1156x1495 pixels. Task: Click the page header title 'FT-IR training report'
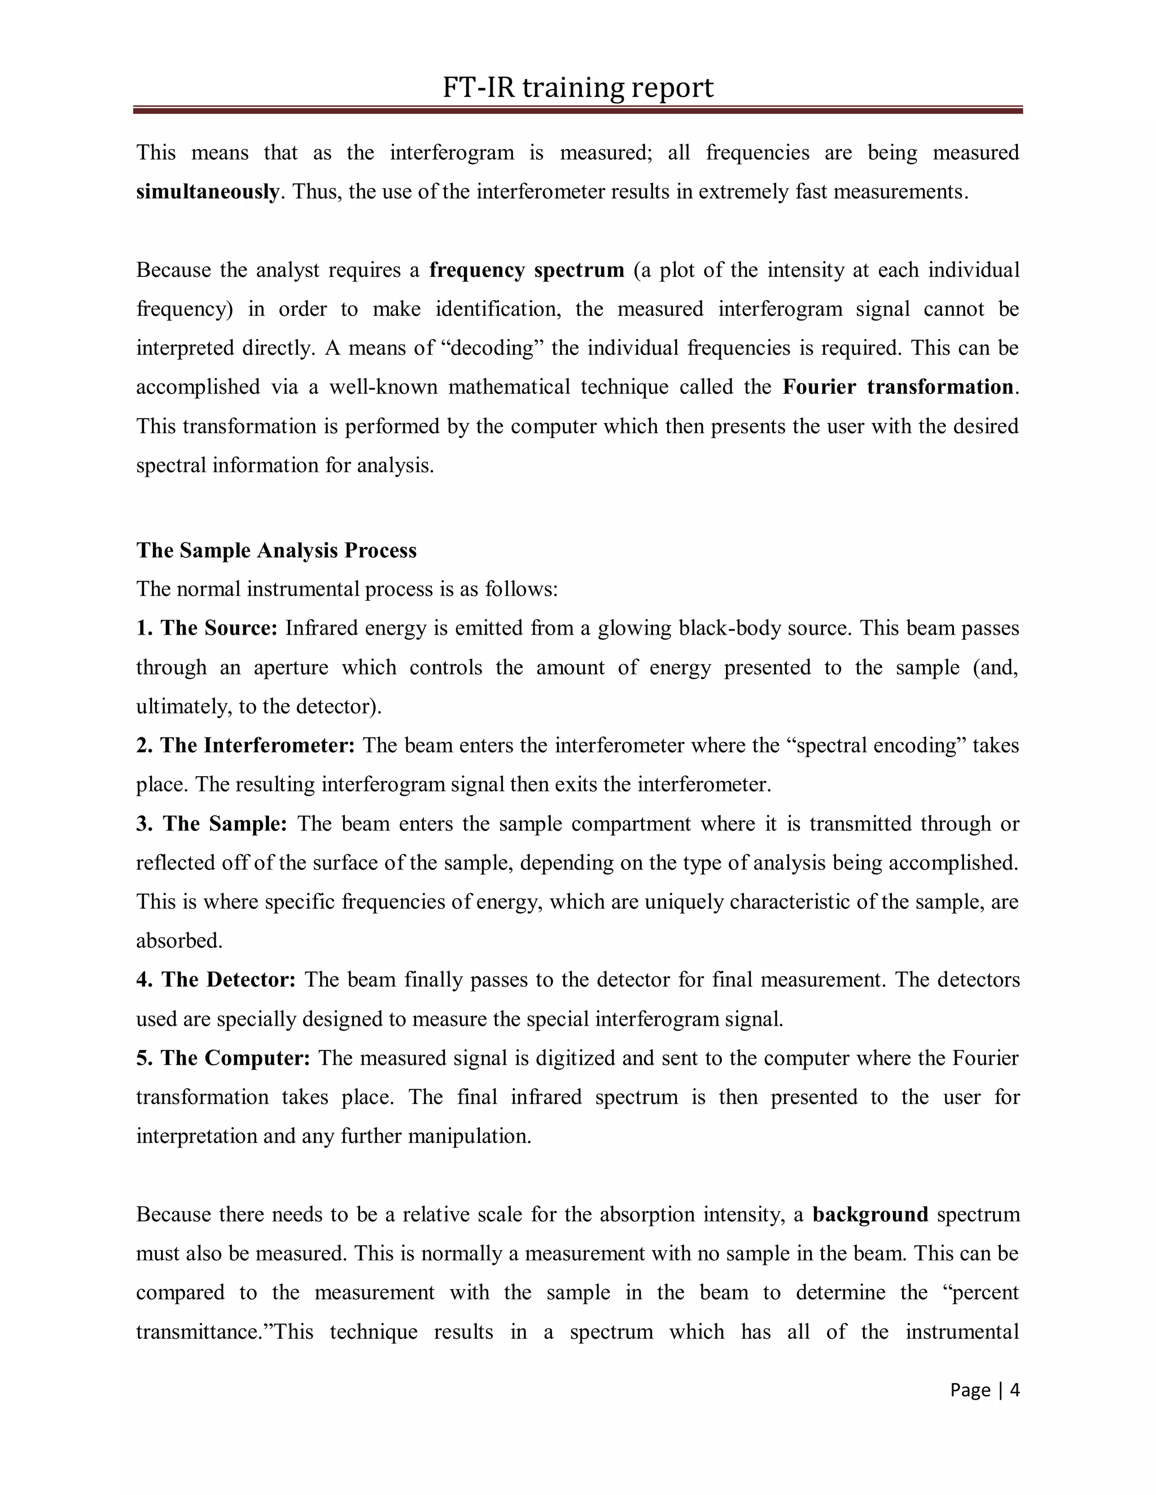click(x=577, y=87)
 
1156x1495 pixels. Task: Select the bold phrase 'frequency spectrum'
click(x=526, y=270)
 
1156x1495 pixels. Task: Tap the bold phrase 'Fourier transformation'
click(x=897, y=387)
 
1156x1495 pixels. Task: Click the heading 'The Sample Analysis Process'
click(x=276, y=551)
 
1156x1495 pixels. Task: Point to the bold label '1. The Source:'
click(x=206, y=628)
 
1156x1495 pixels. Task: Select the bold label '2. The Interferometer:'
click(x=245, y=745)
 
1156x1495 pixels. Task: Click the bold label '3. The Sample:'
click(x=212, y=824)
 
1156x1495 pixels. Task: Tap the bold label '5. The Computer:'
click(x=224, y=1058)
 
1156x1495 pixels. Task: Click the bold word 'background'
click(x=870, y=1215)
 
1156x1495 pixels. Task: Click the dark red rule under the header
click(x=577, y=109)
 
